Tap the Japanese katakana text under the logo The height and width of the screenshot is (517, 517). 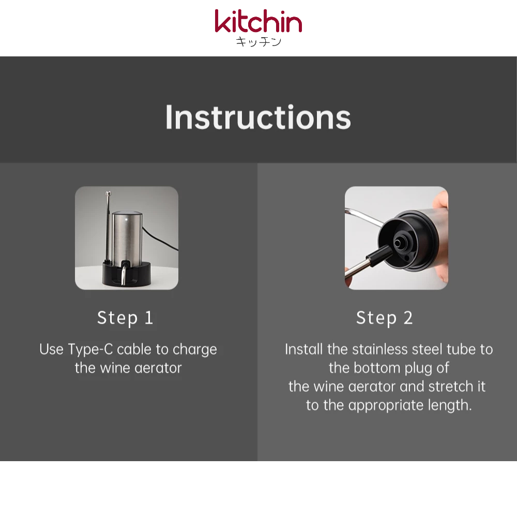258,42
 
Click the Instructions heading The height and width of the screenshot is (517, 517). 258,117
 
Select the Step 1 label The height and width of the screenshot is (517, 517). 125,318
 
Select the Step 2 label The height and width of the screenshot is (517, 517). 385,318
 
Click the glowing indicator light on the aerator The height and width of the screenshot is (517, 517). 126,218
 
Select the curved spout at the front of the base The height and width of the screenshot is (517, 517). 124,273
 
